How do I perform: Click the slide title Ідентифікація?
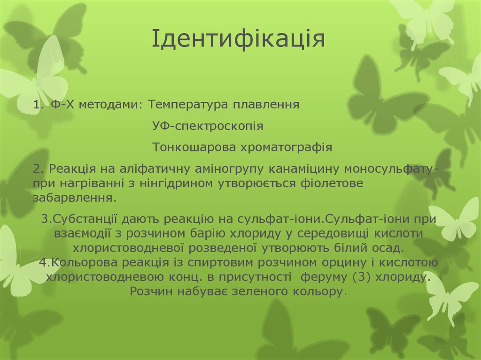[x=238, y=39]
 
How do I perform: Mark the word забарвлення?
[x=73, y=197]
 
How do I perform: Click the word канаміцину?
[x=306, y=169]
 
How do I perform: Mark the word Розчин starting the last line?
[x=151, y=291]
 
